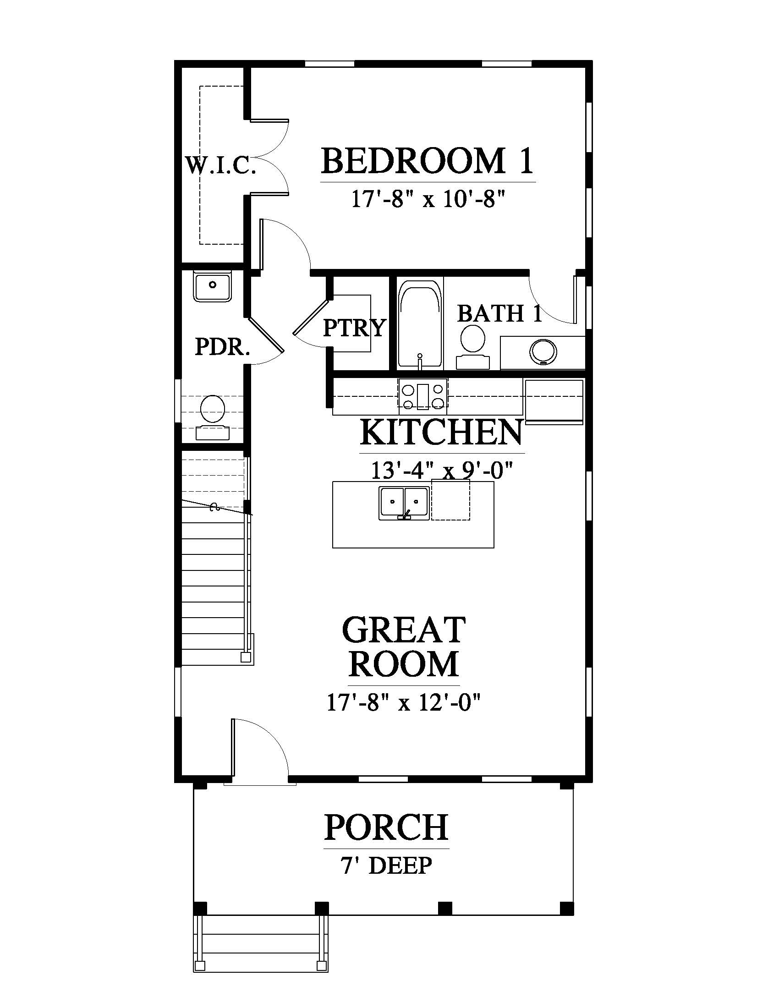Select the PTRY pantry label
354,328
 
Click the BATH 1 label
499,313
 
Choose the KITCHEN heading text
442,432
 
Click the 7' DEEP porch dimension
386,866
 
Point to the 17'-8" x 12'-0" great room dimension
404,703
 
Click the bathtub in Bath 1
420,326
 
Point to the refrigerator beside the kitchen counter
554,401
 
